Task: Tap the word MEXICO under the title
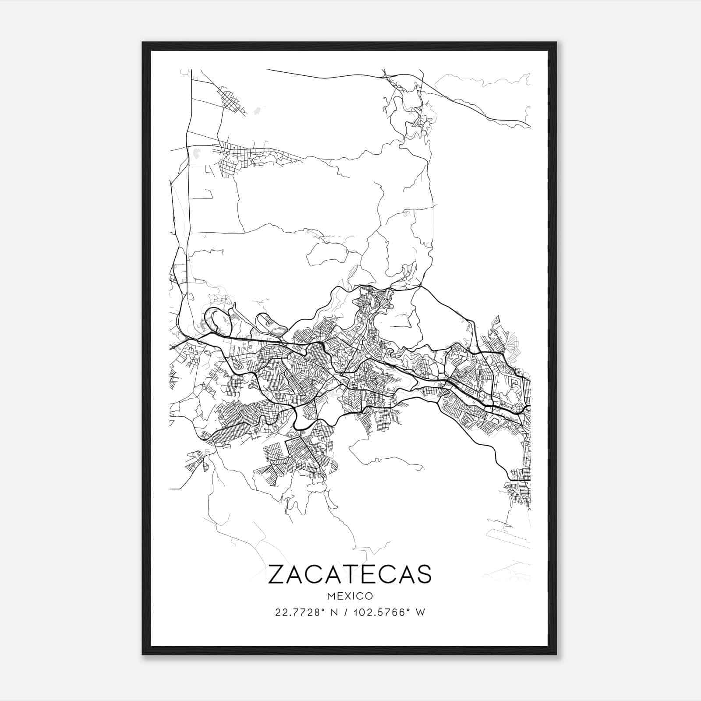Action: point(350,596)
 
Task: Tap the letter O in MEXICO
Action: point(369,596)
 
